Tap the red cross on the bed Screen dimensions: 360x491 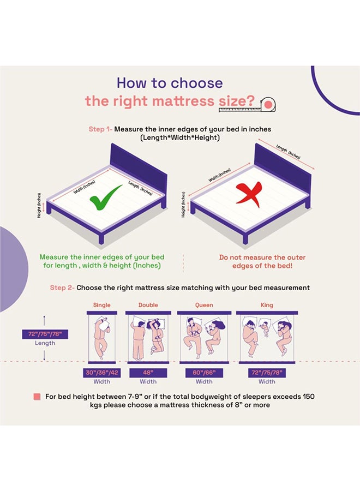[x=250, y=195]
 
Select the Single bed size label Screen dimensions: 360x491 [x=102, y=305]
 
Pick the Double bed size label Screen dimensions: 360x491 [x=148, y=305]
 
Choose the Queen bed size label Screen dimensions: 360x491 [x=204, y=305]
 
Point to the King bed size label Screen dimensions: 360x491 [x=267, y=305]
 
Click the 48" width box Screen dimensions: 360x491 [x=148, y=373]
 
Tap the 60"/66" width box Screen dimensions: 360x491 [x=204, y=373]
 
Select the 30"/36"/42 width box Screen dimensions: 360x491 [x=102, y=373]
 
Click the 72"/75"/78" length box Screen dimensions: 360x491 [x=45, y=334]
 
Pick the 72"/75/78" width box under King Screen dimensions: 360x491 [x=267, y=373]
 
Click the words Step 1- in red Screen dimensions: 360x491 [x=100, y=129]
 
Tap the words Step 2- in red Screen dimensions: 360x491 [x=62, y=288]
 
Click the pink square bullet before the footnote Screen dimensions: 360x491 [x=37, y=397]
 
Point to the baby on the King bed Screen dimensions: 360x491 [x=265, y=329]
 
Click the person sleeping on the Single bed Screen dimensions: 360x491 [x=102, y=338]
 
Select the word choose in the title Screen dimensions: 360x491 [x=197, y=83]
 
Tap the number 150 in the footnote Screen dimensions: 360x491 [x=308, y=397]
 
